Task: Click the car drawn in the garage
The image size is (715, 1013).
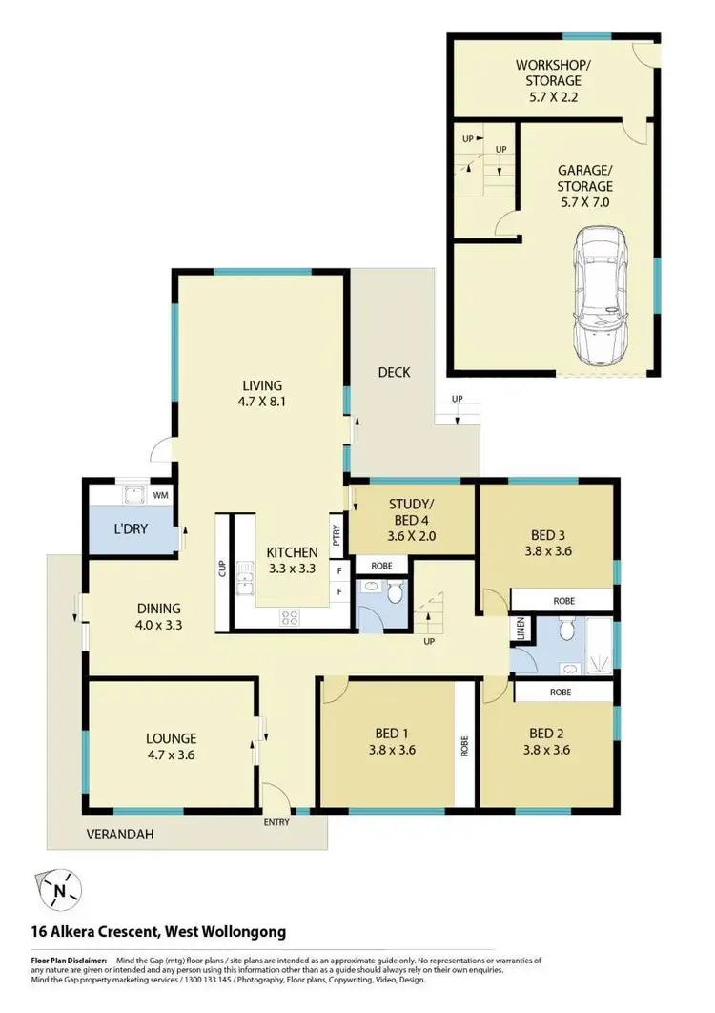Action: click(x=601, y=296)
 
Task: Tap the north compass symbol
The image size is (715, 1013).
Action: click(x=61, y=892)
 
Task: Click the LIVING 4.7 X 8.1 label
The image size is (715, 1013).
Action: click(x=261, y=394)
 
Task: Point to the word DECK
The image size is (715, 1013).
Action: click(x=394, y=372)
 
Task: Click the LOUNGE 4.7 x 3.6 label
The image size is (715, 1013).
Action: click(x=172, y=746)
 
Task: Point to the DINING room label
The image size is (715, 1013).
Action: click(x=158, y=617)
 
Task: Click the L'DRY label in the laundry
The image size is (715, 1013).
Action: click(x=131, y=528)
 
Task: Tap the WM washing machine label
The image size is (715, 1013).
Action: click(x=161, y=495)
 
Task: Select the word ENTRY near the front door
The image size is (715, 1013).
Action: click(x=276, y=820)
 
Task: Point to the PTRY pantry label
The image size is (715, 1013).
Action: click(x=337, y=534)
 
